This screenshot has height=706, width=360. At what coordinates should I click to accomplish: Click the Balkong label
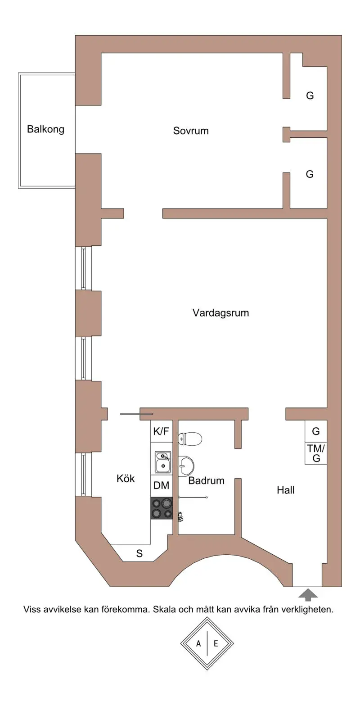click(x=45, y=129)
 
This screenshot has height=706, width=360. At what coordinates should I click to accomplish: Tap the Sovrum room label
click(x=191, y=131)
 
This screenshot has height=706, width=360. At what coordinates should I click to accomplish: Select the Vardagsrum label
click(x=220, y=312)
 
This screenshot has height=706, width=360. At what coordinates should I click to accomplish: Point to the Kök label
click(x=126, y=478)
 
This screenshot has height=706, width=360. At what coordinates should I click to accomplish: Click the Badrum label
click(x=206, y=480)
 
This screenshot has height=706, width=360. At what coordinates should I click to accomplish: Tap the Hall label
click(x=285, y=490)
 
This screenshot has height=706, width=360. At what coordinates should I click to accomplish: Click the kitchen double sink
click(x=162, y=462)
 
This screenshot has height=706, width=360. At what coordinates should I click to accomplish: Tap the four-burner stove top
click(x=162, y=508)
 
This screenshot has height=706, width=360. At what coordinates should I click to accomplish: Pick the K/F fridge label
click(x=161, y=431)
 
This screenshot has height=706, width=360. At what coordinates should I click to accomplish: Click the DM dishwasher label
click(x=161, y=485)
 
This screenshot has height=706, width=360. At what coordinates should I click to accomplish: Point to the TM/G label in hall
click(x=316, y=453)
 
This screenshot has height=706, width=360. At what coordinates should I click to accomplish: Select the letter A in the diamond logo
click(x=198, y=643)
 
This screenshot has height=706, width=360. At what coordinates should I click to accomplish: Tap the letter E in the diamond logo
click(x=216, y=643)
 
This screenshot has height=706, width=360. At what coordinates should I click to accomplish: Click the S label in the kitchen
click(x=139, y=554)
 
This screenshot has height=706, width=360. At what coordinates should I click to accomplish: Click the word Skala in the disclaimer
click(x=165, y=610)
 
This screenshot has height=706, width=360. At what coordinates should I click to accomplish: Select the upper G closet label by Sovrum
click(x=310, y=95)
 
